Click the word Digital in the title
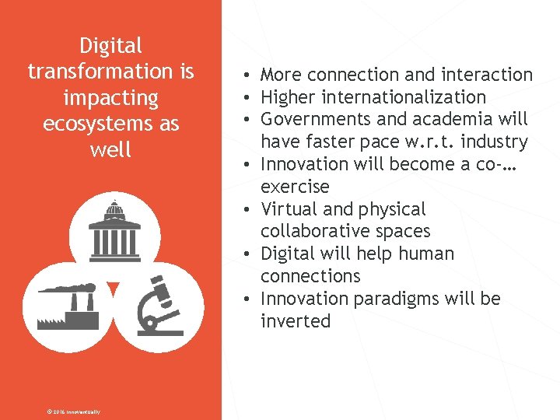tap(110, 46)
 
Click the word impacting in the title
tap(110, 98)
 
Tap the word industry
tap(494, 142)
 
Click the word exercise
tap(295, 187)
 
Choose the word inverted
tap(296, 321)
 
